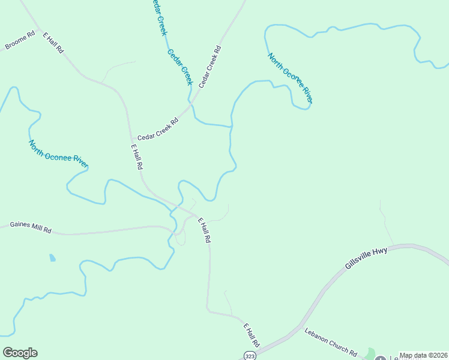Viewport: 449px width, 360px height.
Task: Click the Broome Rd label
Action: click(x=20, y=41)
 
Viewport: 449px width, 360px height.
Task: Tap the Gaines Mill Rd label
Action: click(x=31, y=228)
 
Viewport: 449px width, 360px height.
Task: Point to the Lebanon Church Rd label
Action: click(x=331, y=342)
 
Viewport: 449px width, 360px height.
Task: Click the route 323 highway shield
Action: click(x=250, y=355)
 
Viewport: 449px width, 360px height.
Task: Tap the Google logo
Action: click(x=20, y=353)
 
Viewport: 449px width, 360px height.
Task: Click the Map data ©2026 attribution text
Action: click(x=423, y=355)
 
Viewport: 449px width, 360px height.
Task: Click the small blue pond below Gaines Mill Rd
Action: click(x=52, y=258)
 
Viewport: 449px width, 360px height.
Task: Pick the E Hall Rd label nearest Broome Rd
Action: click(x=53, y=43)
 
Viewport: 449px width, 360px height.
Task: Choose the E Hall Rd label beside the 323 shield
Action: click(x=251, y=335)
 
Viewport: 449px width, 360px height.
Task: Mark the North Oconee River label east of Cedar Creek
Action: click(x=290, y=77)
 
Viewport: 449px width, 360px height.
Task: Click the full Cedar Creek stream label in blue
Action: click(x=179, y=67)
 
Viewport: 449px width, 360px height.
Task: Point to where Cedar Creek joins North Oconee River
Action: click(x=231, y=127)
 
